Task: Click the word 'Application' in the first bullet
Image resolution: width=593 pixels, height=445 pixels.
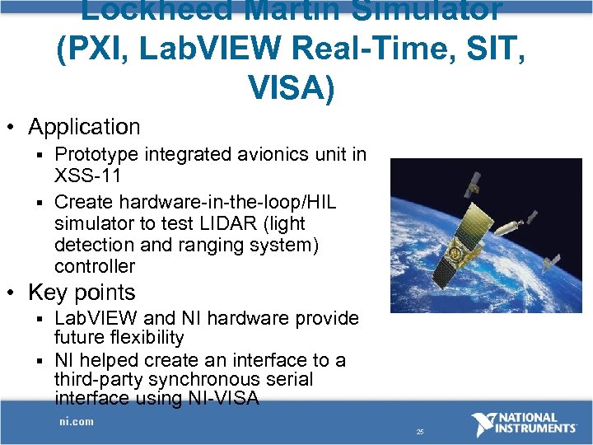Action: pos(84,127)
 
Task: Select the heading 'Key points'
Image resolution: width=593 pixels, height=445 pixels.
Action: pos(81,293)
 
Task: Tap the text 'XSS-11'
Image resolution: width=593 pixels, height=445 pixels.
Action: pos(87,176)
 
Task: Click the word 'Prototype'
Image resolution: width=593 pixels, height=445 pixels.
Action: pos(98,154)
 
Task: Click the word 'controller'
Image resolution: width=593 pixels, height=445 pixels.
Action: pos(94,266)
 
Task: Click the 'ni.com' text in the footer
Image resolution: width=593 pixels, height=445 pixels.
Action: pos(76,421)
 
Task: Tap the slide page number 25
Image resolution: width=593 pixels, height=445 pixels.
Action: pos(420,431)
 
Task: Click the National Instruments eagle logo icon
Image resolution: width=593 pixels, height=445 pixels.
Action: pos(484,424)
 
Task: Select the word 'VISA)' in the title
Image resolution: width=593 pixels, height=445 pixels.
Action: pos(290,86)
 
